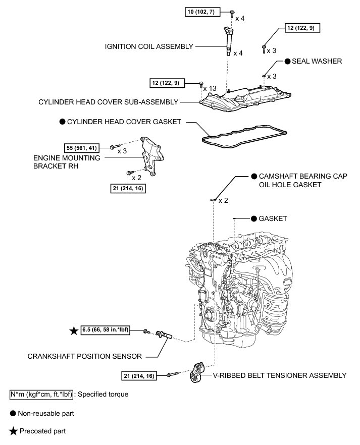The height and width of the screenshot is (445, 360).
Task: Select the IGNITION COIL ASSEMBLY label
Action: [x=149, y=47]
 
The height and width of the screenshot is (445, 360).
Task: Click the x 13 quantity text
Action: [x=210, y=88]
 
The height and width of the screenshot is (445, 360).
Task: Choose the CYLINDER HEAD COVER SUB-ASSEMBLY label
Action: [x=109, y=102]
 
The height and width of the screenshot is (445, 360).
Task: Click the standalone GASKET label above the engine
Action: [x=273, y=218]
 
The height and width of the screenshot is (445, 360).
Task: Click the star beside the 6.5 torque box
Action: [x=74, y=331]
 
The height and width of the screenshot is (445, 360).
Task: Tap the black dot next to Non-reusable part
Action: [x=13, y=413]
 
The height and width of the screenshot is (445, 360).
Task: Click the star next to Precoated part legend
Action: [x=13, y=431]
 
